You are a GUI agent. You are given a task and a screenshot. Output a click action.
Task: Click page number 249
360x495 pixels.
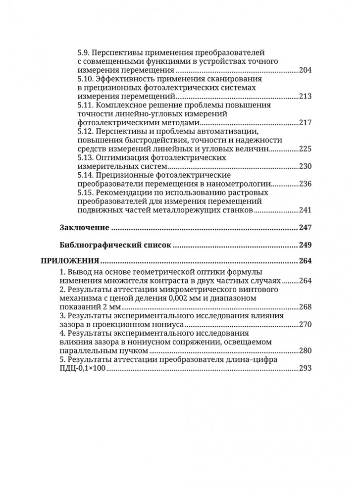[x=305, y=245]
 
